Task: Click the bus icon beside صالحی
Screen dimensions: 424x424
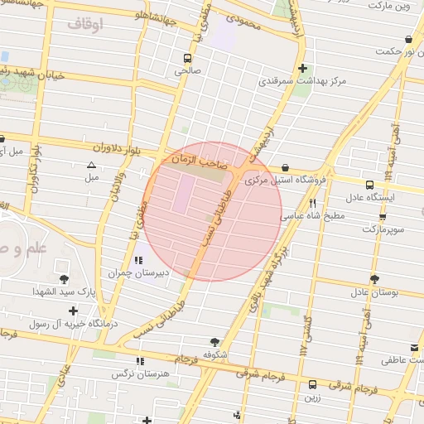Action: pyautogui.click(x=188, y=58)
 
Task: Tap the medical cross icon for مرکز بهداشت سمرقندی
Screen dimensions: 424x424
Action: pyautogui.click(x=303, y=68)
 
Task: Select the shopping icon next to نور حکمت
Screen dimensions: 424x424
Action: pyautogui.click(x=408, y=39)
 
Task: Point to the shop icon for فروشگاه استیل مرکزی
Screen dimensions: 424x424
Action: pyautogui.click(x=285, y=166)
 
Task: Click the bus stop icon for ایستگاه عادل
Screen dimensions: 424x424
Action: pyautogui.click(x=369, y=185)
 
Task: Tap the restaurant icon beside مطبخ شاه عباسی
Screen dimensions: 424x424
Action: pyautogui.click(x=312, y=202)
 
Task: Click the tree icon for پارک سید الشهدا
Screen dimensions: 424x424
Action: pyautogui.click(x=65, y=279)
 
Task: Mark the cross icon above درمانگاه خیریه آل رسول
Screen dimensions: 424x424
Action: pyautogui.click(x=74, y=311)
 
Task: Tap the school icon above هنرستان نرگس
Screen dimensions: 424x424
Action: pyautogui.click(x=138, y=361)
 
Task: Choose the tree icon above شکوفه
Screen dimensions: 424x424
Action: pyautogui.click(x=215, y=341)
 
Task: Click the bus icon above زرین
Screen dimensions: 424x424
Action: pyautogui.click(x=312, y=384)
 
